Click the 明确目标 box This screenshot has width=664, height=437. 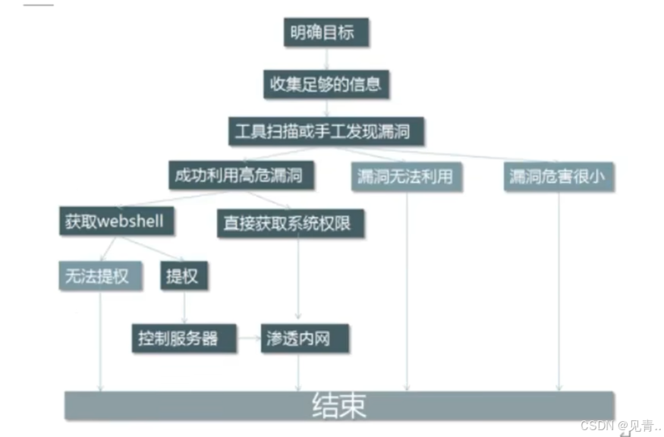click(326, 33)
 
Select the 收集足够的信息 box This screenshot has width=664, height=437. click(326, 83)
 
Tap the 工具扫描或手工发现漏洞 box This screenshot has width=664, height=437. click(326, 130)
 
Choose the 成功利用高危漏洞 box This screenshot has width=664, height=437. click(240, 177)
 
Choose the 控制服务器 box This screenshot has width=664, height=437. click(184, 338)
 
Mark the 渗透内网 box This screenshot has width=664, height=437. click(304, 338)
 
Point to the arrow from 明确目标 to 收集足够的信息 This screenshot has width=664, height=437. click(326, 59)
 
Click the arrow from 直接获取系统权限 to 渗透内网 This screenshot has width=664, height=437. click(297, 281)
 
